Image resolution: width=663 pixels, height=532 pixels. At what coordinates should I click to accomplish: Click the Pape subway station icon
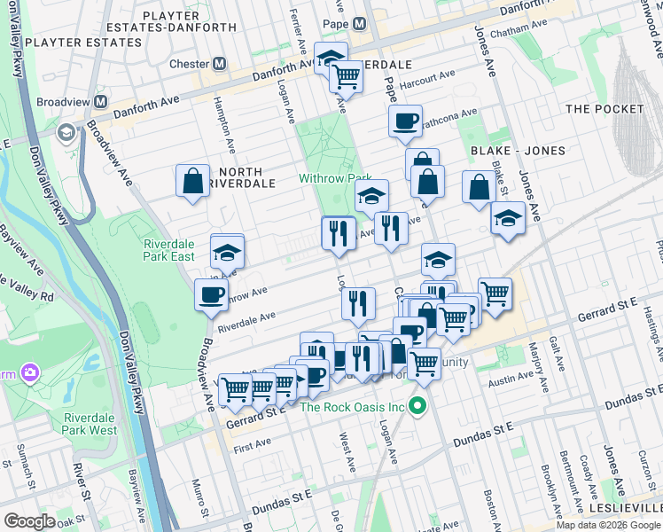pyautogui.click(x=359, y=24)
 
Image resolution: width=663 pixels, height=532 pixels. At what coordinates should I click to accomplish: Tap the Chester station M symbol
pyautogui.click(x=219, y=65)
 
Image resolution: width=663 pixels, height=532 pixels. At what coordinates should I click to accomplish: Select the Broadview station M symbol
pyautogui.click(x=103, y=102)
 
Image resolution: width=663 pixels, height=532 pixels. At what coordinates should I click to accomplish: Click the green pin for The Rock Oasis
pyautogui.click(x=415, y=408)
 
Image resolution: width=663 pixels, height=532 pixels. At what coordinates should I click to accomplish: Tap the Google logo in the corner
pyautogui.click(x=29, y=521)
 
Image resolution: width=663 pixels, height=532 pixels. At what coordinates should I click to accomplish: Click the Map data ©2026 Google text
pyautogui.click(x=608, y=525)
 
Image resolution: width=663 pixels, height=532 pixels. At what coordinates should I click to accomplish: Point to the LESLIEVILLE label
pyautogui.click(x=631, y=507)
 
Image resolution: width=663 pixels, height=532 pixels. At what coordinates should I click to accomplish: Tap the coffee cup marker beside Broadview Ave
pyautogui.click(x=211, y=294)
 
